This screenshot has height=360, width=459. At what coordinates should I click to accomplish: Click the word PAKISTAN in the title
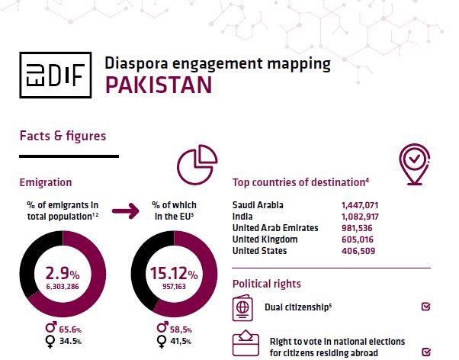point(158,85)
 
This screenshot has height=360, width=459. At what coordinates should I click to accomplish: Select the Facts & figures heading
point(63,136)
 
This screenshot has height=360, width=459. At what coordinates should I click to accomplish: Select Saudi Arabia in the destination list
point(259,205)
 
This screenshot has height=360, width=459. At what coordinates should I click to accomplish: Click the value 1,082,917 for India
point(361,217)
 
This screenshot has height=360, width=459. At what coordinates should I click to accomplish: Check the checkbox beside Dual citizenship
point(425,307)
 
